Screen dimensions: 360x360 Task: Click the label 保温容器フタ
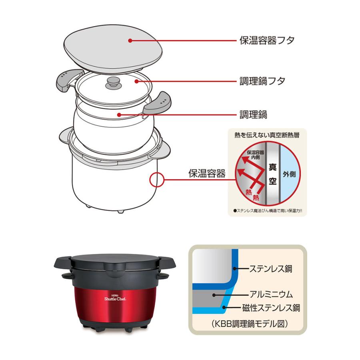click(267, 41)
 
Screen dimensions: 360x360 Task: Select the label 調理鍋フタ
click(262, 81)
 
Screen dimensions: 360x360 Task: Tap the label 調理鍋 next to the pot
click(253, 114)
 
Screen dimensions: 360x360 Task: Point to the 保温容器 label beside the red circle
click(207, 174)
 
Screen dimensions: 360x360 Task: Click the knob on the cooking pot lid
click(112, 83)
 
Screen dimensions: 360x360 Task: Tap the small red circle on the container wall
click(156, 179)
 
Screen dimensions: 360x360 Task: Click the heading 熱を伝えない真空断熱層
click(267, 135)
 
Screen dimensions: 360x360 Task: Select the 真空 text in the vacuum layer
click(272, 174)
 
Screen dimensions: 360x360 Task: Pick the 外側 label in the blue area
click(289, 174)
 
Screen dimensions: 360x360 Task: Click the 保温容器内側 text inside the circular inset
click(255, 155)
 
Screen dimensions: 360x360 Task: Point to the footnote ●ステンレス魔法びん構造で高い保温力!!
click(268, 210)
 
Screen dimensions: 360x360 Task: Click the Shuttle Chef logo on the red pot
click(115, 298)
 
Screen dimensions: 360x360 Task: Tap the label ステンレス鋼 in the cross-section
click(271, 269)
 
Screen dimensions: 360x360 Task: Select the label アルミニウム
click(271, 294)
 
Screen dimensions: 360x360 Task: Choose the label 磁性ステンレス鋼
click(271, 308)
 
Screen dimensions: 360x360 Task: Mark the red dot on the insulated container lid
click(130, 41)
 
